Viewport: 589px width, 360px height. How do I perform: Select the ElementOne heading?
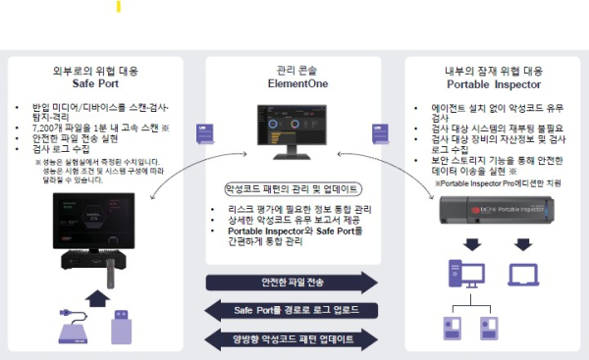[x=294, y=84]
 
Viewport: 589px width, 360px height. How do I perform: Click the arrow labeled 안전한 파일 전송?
[x=292, y=283]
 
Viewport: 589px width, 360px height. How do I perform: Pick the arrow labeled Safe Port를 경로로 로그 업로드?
[x=292, y=311]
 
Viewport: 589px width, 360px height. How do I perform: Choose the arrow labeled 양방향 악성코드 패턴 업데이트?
[x=292, y=339]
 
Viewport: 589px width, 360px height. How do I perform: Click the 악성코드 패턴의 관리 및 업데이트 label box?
[x=292, y=188]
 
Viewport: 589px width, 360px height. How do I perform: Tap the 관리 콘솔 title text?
[x=294, y=71]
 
